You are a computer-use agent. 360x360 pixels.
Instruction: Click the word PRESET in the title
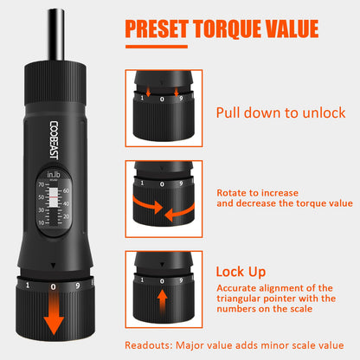pyautogui.click(x=162, y=28)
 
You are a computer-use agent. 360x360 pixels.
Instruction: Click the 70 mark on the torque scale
pyautogui.click(x=40, y=184)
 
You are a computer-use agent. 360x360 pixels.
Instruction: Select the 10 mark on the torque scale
pyautogui.click(x=40, y=222)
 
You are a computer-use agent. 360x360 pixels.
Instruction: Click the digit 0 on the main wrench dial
pyautogui.click(x=53, y=286)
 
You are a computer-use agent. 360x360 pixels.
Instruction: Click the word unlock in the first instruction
pyautogui.click(x=323, y=113)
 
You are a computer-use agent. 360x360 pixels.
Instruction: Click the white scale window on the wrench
pyautogui.click(x=65, y=204)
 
